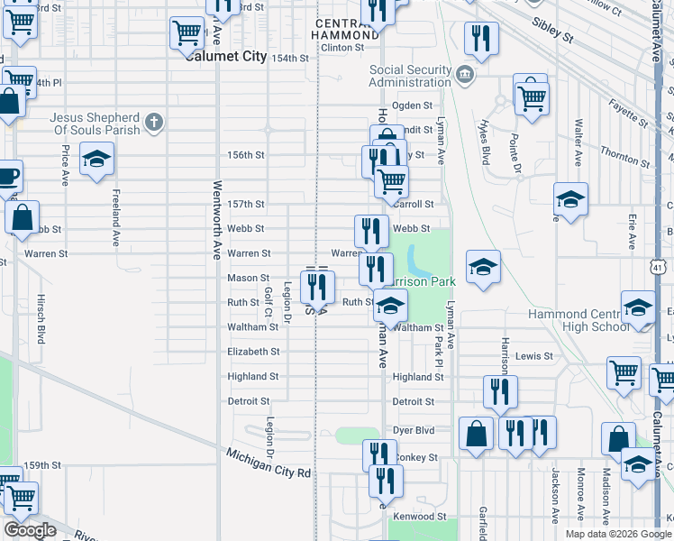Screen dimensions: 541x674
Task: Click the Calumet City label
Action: click(226, 56)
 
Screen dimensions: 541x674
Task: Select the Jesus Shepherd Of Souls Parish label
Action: click(95, 124)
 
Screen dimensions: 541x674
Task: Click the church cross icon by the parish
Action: click(154, 122)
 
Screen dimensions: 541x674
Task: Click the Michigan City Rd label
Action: click(269, 464)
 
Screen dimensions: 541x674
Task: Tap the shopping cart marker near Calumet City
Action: click(187, 32)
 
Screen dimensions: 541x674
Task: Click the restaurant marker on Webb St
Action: click(371, 231)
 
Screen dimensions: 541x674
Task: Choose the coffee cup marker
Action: click(7, 175)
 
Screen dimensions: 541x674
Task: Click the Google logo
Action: click(30, 529)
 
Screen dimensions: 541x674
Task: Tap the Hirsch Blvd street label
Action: click(41, 316)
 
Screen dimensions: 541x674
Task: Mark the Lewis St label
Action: click(534, 356)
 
